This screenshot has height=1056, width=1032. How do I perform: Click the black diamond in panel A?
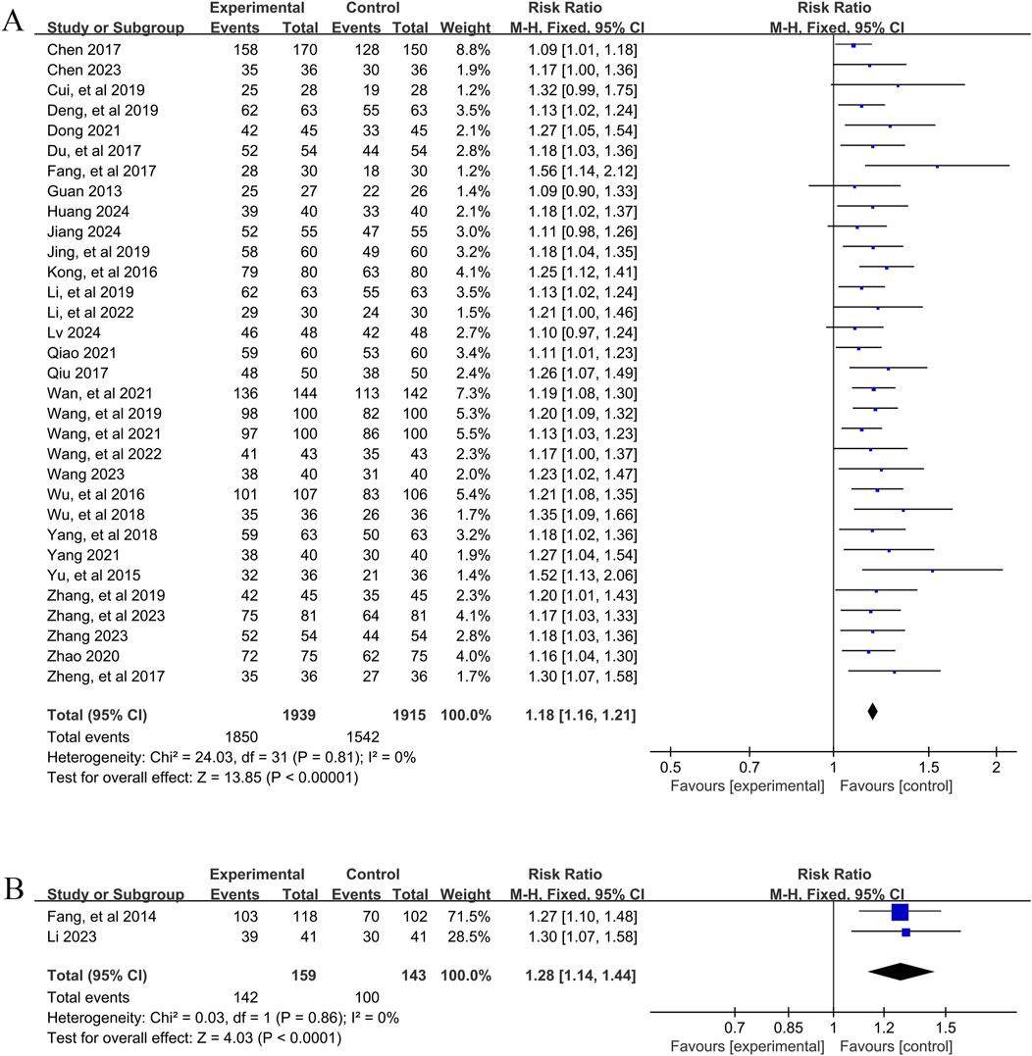(872, 714)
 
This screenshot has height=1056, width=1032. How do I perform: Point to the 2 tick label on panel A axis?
(996, 766)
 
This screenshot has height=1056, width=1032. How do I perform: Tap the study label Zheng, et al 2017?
(105, 676)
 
